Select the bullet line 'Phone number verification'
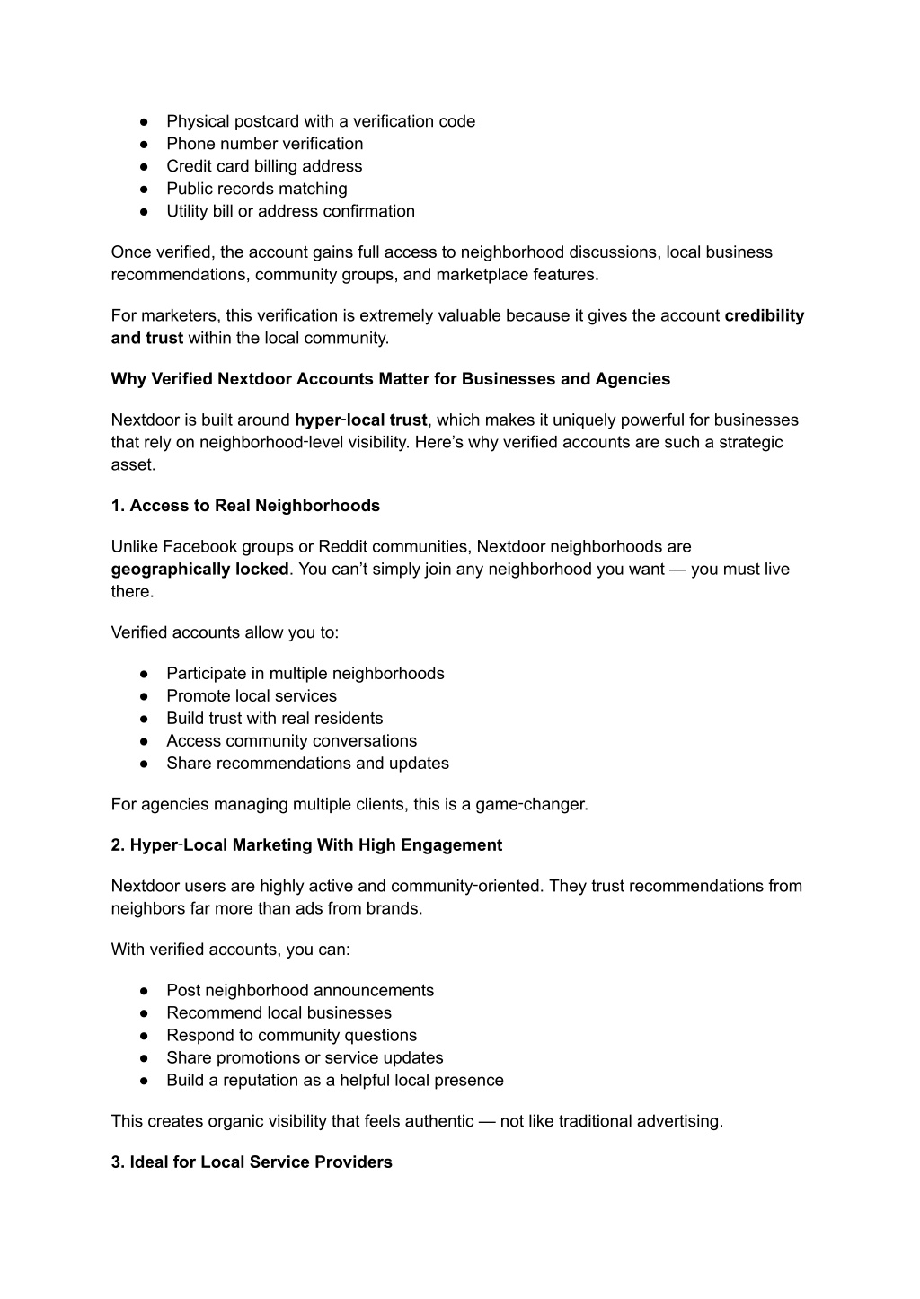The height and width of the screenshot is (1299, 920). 264,144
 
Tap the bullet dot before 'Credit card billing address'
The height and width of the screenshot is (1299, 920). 144,166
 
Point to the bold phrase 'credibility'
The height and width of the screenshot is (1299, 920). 764,315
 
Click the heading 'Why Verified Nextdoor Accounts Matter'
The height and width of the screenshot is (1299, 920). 390,379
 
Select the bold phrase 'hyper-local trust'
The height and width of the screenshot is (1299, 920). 360,420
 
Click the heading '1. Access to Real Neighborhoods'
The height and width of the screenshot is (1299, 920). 245,506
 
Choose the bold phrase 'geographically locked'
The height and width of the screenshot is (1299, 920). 199,569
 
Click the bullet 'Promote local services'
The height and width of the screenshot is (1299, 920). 251,696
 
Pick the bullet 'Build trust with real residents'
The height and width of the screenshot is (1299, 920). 274,719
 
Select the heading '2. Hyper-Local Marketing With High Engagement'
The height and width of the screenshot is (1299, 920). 306,845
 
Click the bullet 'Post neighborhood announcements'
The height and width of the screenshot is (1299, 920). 299,990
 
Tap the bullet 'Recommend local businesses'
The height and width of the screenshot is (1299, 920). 279,1012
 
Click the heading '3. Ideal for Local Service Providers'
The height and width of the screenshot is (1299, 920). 252,1162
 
